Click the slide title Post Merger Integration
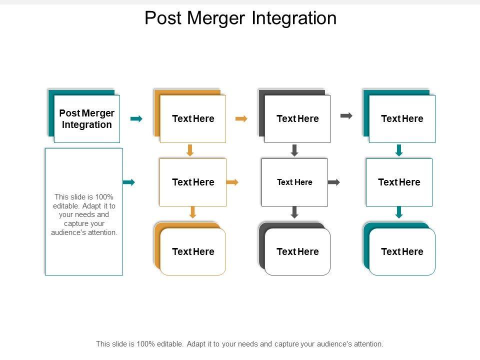[240, 18]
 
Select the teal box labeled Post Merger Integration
[84, 116]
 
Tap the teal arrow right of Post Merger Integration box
[136, 119]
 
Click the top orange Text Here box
[190, 116]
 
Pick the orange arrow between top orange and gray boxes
[241, 119]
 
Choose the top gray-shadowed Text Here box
[294, 116]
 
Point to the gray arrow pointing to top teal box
[346, 115]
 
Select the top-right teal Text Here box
[399, 116]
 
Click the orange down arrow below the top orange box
[190, 150]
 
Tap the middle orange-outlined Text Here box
[193, 182]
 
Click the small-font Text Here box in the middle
[294, 182]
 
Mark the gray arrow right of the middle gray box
[334, 182]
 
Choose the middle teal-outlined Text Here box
[399, 182]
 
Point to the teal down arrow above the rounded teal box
[399, 212]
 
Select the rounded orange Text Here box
[190, 248]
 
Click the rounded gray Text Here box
[294, 248]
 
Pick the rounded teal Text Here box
[399, 248]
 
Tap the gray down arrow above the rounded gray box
[294, 212]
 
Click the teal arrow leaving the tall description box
[129, 182]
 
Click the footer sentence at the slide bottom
[239, 344]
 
